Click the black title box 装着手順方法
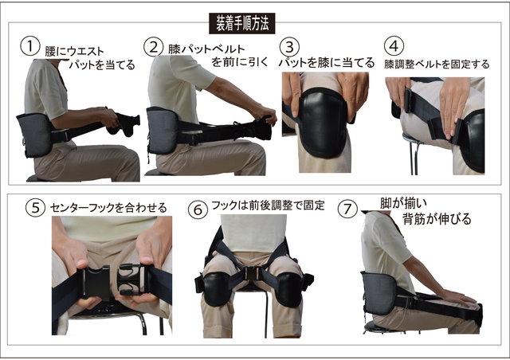241,23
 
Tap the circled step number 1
30,46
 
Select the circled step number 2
153,47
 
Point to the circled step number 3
289,48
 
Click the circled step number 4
394,46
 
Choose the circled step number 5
35,208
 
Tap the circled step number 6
198,209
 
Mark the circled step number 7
347,209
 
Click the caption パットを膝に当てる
327,62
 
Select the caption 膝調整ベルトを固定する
437,64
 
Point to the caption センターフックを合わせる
108,208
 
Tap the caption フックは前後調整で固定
268,205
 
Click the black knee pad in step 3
321,122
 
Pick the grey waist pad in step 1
35,135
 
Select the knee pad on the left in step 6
216,289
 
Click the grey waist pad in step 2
163,131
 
